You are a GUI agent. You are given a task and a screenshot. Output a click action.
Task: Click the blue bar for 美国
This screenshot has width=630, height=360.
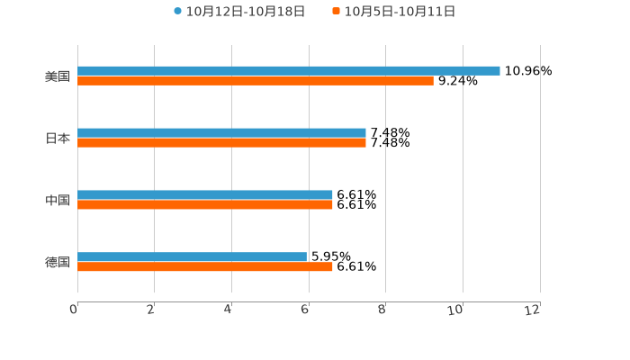[x=288, y=70]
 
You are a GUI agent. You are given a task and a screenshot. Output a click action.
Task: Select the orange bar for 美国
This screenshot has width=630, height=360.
[x=256, y=80]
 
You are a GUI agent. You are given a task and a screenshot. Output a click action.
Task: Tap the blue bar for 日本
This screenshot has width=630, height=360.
[x=221, y=132]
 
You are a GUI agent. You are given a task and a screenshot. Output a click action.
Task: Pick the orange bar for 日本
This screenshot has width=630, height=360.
[x=221, y=142]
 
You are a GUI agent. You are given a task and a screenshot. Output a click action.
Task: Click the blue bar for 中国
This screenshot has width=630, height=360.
[x=205, y=194]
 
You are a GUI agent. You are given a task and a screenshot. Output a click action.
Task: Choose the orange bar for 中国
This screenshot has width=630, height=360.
[x=205, y=204]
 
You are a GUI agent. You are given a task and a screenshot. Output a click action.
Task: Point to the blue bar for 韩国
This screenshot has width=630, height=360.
[x=192, y=256]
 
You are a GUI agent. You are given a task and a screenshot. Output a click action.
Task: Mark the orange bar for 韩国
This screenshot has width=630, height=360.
[x=205, y=266]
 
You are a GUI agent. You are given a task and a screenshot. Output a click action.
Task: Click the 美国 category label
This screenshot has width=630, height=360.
[x=58, y=76]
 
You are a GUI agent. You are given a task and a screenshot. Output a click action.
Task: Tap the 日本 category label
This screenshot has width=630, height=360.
[x=58, y=138]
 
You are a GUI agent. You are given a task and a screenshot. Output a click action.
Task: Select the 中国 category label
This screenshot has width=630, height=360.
[x=58, y=200]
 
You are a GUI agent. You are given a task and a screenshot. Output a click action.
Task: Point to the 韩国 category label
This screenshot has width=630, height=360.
[x=58, y=262]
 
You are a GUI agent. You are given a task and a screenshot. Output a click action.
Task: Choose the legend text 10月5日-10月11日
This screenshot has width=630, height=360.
[x=400, y=12]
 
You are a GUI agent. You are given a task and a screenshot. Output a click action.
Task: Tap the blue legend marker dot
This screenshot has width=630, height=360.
[x=177, y=12]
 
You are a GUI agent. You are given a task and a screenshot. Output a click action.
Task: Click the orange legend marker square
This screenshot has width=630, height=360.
[x=336, y=12]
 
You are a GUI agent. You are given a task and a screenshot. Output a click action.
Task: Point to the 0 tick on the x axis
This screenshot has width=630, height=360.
[x=74, y=310]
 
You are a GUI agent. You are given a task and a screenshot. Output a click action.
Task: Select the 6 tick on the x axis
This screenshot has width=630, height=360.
[x=305, y=310]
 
